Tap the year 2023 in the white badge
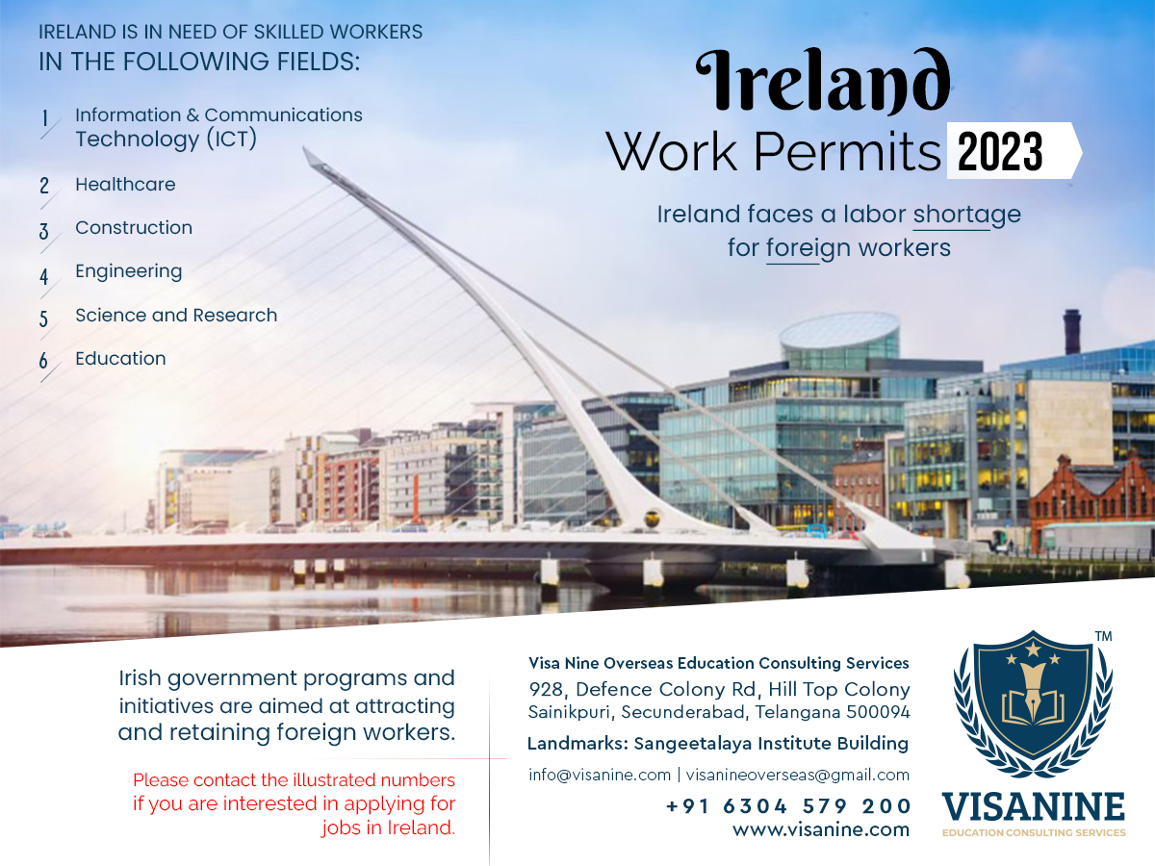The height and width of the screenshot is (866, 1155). click(1000, 151)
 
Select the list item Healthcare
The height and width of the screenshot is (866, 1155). click(125, 185)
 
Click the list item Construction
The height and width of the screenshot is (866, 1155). click(134, 228)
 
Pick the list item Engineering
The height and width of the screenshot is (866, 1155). click(128, 272)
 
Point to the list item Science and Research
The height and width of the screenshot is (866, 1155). click(176, 315)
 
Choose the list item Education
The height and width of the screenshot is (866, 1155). click(120, 359)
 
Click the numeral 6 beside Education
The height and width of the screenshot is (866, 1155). click(43, 361)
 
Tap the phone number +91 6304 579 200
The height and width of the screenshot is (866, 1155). click(787, 806)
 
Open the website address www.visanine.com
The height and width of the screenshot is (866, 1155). click(821, 830)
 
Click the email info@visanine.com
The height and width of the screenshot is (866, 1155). click(600, 775)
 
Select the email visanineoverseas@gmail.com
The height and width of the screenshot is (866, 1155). click(798, 775)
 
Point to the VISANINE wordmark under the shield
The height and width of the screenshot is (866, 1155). click(1034, 807)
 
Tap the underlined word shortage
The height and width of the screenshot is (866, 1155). click(967, 215)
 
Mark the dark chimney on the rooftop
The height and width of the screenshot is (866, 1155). click(1072, 331)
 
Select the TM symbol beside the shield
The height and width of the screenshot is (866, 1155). click(1103, 636)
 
